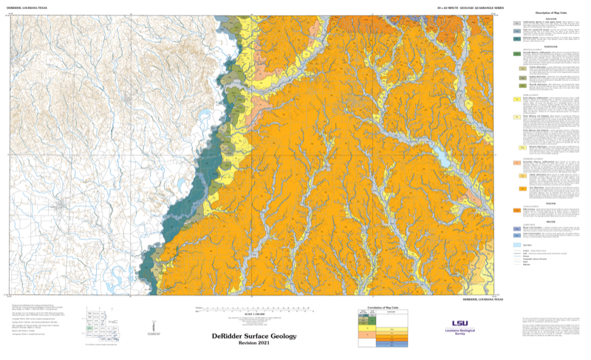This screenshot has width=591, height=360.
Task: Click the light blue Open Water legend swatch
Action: tap(518, 245)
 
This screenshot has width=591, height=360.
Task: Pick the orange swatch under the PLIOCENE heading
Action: tap(518, 210)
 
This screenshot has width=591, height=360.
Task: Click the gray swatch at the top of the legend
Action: tap(518, 24)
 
